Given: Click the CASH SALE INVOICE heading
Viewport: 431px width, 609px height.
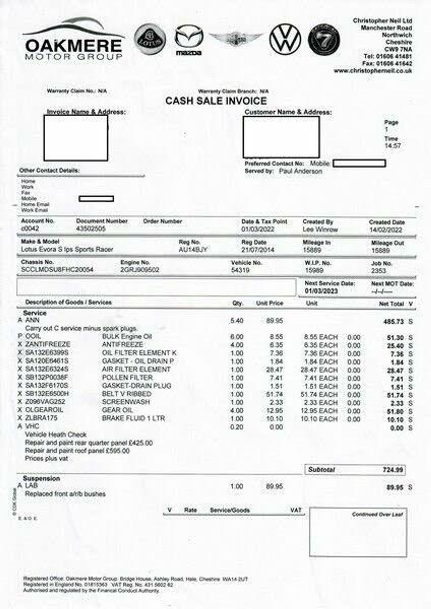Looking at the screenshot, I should click(x=216, y=101).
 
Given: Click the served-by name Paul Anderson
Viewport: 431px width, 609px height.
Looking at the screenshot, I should click(x=300, y=171).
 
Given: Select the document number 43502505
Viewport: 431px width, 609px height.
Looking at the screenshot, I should click(x=91, y=229).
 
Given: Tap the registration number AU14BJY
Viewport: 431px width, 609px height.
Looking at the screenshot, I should click(x=193, y=250).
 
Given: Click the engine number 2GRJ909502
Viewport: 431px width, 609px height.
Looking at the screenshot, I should click(x=140, y=270).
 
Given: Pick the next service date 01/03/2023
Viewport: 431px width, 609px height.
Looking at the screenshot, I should click(x=321, y=291).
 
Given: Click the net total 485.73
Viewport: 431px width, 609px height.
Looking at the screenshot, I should click(x=393, y=322).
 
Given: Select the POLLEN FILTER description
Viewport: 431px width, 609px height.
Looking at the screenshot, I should click(x=127, y=377).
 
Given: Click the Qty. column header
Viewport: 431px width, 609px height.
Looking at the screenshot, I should click(x=238, y=303).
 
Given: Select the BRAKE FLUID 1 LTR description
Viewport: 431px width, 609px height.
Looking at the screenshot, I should click(x=133, y=418).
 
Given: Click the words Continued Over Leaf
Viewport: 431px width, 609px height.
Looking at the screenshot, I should click(x=377, y=514).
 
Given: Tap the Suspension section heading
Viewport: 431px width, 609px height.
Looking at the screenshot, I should click(x=42, y=478).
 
